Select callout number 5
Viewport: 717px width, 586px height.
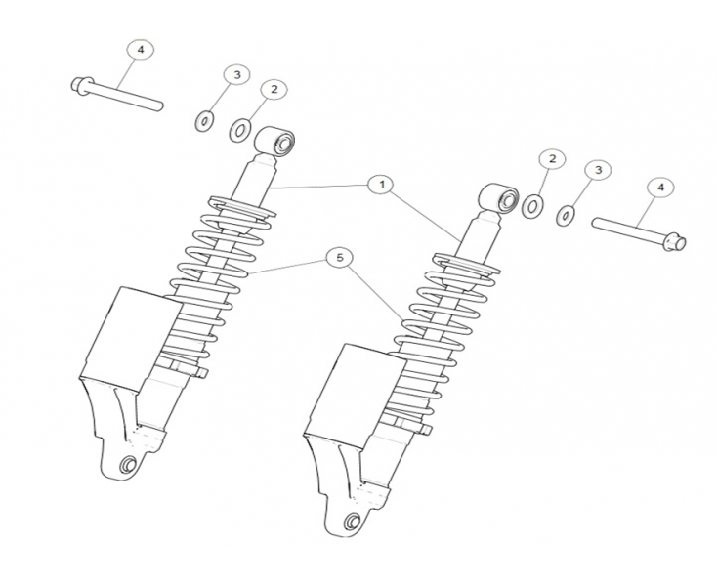(337, 258)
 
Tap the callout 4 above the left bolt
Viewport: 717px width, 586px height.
(140, 49)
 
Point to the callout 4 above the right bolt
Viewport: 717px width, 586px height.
(659, 186)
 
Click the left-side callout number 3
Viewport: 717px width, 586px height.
(235, 75)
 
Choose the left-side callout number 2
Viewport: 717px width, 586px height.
(274, 89)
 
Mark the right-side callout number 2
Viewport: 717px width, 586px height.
(552, 159)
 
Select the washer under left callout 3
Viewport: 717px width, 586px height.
(205, 121)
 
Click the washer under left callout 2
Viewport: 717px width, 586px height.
(240, 129)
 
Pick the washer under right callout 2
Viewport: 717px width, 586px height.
(533, 206)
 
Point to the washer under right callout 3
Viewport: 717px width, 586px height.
(566, 215)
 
